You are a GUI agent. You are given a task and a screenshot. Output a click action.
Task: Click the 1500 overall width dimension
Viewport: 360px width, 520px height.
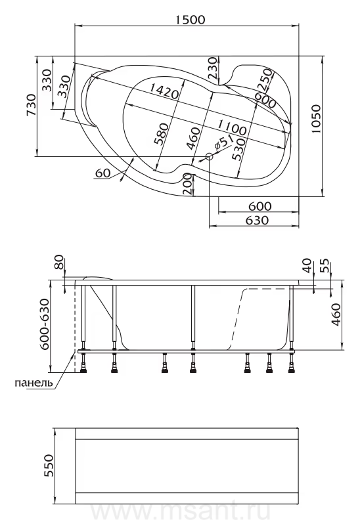coord(190,19)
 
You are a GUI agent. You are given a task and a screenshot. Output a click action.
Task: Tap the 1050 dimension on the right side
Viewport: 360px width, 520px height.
coord(316,119)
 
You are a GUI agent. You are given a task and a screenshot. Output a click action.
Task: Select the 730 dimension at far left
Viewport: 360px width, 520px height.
coord(31,105)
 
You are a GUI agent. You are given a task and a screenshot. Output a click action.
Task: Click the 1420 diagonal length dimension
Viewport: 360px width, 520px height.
coord(164,91)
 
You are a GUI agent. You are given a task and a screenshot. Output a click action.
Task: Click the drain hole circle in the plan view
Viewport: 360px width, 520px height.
coord(209,157)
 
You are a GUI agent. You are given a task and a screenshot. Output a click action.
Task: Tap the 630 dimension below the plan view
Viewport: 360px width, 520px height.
coord(258,220)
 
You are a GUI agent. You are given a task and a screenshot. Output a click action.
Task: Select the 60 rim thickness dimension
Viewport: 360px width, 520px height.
coord(102,173)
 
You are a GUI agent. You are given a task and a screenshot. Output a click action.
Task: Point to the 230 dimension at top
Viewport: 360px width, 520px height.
coord(213,68)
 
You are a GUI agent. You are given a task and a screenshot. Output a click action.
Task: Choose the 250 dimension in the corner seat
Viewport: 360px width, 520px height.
coord(266,80)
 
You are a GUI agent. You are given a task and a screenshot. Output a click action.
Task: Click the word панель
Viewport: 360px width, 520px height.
coord(34,383)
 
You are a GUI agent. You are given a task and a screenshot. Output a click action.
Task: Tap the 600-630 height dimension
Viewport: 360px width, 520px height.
coord(44,324)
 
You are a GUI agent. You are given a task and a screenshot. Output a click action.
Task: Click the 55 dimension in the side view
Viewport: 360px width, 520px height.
coord(326,266)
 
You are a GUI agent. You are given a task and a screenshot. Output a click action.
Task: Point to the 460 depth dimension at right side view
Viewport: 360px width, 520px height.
coord(336,314)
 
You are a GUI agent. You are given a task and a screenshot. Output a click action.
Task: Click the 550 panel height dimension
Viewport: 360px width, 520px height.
coord(48,466)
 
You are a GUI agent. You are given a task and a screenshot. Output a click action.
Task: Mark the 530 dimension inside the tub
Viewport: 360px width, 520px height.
coord(239,149)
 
